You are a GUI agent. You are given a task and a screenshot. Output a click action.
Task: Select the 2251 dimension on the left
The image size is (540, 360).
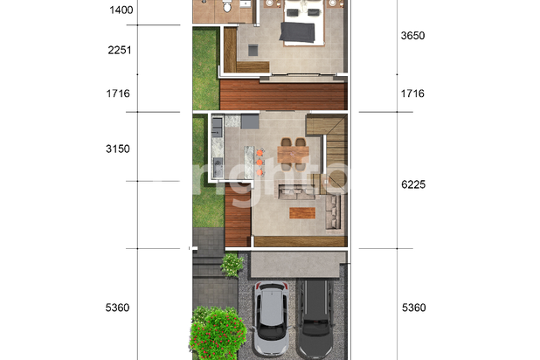[x=120, y=51]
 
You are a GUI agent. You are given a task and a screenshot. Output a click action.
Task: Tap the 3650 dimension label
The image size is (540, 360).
[x=412, y=36]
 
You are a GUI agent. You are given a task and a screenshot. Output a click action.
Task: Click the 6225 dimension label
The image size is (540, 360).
[x=412, y=184]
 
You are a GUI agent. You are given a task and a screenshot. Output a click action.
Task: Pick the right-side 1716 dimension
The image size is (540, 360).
[x=412, y=93]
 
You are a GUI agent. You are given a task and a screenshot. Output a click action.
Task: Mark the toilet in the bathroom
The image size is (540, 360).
[x=227, y=7]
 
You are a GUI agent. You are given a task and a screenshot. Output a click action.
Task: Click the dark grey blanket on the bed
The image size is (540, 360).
[x=298, y=32]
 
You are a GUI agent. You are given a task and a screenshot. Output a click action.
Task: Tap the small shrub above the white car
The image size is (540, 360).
[x=232, y=264]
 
